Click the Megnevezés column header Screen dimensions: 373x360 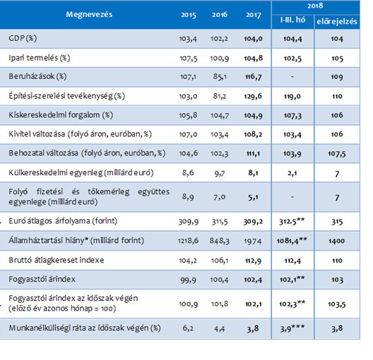pos(89,15)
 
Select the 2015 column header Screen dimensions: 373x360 pos(189,15)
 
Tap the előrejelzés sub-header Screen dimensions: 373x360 pos(337,21)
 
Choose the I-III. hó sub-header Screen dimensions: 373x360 pos(292,20)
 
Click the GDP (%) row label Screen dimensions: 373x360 pos(23,38)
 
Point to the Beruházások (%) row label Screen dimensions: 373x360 pos(37,76)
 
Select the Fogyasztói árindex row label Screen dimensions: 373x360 pos(42,279)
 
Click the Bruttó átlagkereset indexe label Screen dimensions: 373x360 pos(56,260)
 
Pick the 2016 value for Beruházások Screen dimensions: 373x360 pos(220,77)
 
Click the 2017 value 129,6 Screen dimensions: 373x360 pos(253,96)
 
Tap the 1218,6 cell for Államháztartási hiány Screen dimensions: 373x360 pos(188,241)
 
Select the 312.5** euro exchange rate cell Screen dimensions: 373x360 pos(292,221)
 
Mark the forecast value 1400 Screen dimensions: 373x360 pos(336,241)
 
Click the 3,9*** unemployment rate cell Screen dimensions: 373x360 pos(292,328)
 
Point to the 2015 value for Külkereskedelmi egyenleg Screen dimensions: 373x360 pos(188,173)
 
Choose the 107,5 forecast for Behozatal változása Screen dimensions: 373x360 pos(336,154)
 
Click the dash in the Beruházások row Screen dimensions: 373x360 pos(292,77)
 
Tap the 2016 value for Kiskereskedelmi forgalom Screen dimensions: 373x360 pos(220,116)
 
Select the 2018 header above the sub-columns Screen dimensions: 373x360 pos(315,6)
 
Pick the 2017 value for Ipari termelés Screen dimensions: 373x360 pos(254,58)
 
